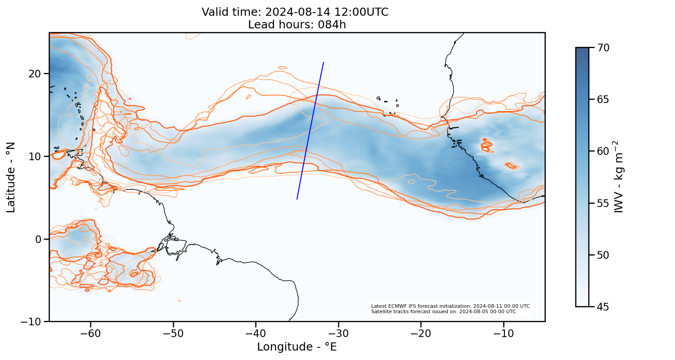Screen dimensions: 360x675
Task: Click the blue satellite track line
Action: tap(310, 130)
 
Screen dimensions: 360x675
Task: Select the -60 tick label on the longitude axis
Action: tap(90, 333)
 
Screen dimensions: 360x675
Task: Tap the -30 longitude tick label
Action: tap(338, 333)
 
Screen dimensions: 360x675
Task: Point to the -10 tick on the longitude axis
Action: tap(504, 333)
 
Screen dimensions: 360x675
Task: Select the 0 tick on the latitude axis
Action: tap(39, 239)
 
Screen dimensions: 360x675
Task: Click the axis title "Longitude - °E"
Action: tap(297, 347)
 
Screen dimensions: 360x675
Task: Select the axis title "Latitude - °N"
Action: tap(11, 177)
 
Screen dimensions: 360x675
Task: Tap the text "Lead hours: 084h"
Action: tap(297, 24)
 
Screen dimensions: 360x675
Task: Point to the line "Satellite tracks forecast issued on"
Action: tap(443, 311)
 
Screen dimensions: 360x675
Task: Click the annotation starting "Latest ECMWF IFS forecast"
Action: tap(450, 306)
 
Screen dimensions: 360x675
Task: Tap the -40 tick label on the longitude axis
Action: tap(256, 333)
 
